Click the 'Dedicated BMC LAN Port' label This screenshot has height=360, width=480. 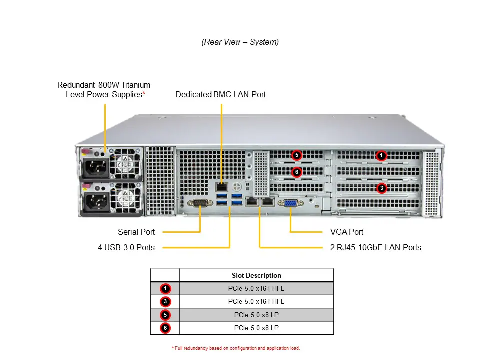(220, 94)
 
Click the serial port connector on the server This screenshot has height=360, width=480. (200, 202)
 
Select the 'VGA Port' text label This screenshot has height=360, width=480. (347, 232)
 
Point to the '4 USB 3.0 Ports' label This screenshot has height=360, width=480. (126, 247)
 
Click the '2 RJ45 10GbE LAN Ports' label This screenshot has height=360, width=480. (375, 247)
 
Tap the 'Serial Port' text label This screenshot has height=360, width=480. (136, 232)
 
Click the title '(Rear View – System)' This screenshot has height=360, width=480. (240, 42)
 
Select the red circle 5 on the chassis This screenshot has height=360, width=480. (297, 155)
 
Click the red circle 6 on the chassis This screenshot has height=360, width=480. (297, 172)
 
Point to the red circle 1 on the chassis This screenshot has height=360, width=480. (381, 156)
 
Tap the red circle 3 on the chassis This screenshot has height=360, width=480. (381, 188)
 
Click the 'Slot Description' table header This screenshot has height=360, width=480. (256, 275)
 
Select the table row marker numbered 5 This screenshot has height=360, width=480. (165, 315)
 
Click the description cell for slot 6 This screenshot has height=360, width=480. (256, 328)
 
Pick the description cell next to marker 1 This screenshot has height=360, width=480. (256, 288)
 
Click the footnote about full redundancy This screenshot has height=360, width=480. (235, 348)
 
